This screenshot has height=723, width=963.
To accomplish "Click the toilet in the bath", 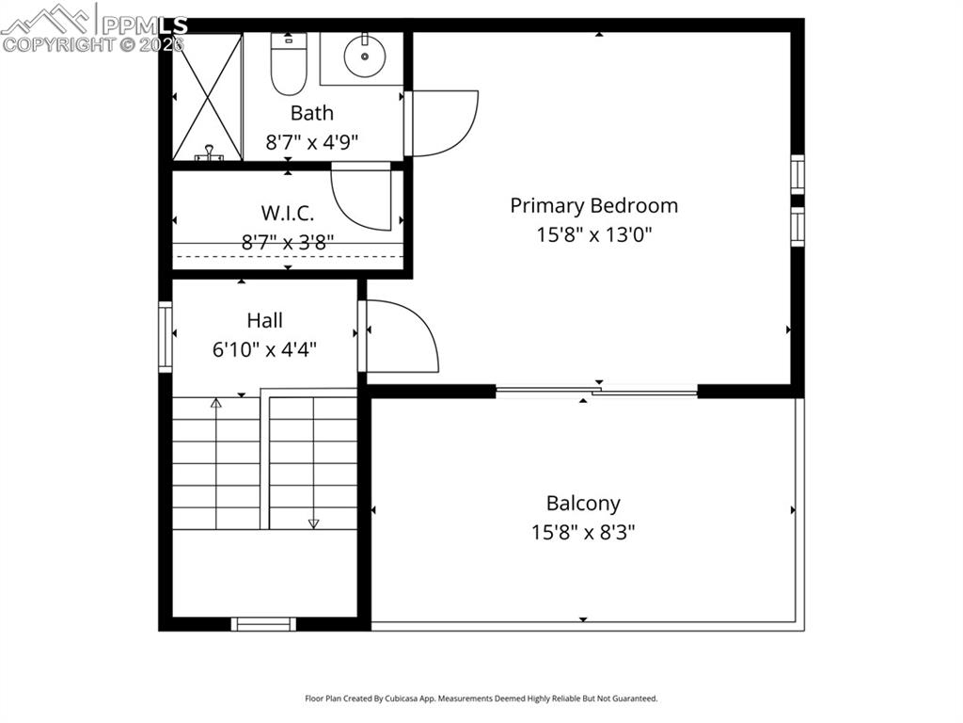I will tap(288, 63).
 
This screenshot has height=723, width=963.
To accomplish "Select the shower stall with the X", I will tap(207, 96).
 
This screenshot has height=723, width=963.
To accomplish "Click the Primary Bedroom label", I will tap(593, 205).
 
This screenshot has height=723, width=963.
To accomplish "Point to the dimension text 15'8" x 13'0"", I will tap(593, 234).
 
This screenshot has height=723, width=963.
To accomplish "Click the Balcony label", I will tap(583, 503).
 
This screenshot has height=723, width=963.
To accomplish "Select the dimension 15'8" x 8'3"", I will tap(583, 532).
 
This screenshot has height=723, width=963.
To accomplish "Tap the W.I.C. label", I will tap(288, 213).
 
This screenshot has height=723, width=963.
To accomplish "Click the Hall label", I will tap(264, 320).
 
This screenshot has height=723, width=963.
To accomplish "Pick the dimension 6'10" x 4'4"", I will tap(264, 349).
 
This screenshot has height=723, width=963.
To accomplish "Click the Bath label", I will tap(311, 113).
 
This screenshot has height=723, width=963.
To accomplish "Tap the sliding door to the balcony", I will tap(596, 392).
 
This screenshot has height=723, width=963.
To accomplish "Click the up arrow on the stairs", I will tap(216, 404).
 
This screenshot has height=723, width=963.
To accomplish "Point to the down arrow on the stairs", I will tap(314, 522).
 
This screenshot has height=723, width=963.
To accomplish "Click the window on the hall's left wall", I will tap(166, 336).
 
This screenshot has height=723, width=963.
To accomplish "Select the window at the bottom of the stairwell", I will tap(263, 623).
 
